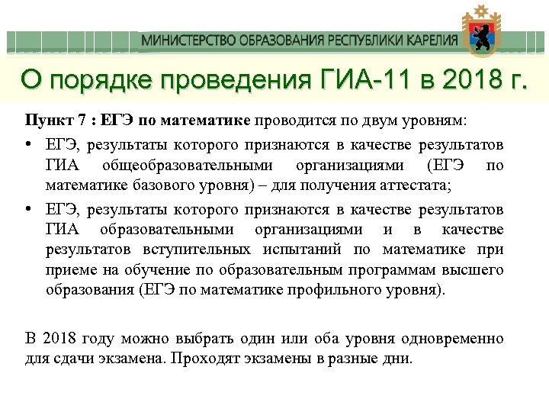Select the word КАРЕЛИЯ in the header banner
(x=431, y=40)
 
